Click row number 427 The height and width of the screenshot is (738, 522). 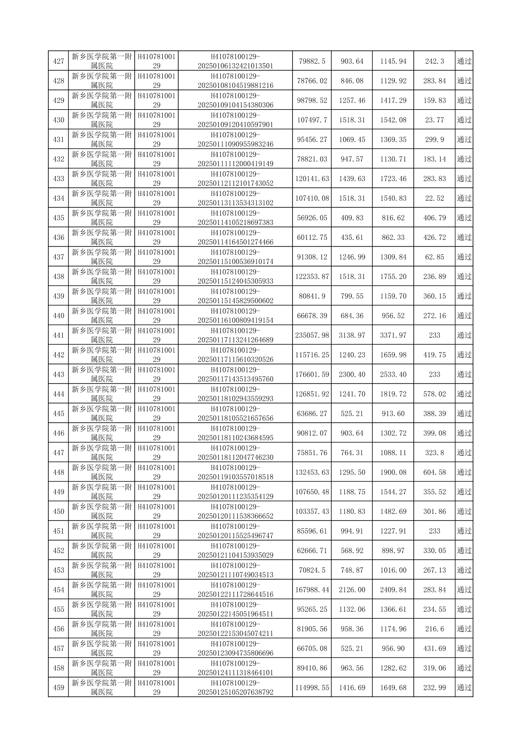coord(58,61)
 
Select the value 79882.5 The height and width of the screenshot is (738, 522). coord(312,61)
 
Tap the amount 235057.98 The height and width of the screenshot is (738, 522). coord(312,335)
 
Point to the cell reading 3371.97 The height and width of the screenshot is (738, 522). coord(393,335)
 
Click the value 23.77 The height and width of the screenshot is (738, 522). coord(434,120)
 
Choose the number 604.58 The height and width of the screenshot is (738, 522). coord(434,472)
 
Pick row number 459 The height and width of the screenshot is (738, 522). coord(58,688)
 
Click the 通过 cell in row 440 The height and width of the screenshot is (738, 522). coord(464,316)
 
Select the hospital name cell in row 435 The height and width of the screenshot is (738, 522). coord(101,218)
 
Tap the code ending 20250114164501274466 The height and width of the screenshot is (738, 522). coord(236,237)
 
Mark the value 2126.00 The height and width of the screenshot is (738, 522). coord(352,590)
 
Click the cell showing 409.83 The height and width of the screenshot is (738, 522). coord(352,218)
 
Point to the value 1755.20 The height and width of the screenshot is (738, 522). coord(393,277)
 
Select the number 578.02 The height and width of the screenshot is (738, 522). coord(434,394)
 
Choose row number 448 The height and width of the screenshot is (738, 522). coord(58,472)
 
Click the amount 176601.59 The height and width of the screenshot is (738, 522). coord(312,374)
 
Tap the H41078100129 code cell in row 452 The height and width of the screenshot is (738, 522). coord(157,551)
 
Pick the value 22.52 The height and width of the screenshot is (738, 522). coord(434,198)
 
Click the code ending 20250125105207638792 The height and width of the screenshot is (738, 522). coord(236,688)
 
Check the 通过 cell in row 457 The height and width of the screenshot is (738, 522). coord(464,649)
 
